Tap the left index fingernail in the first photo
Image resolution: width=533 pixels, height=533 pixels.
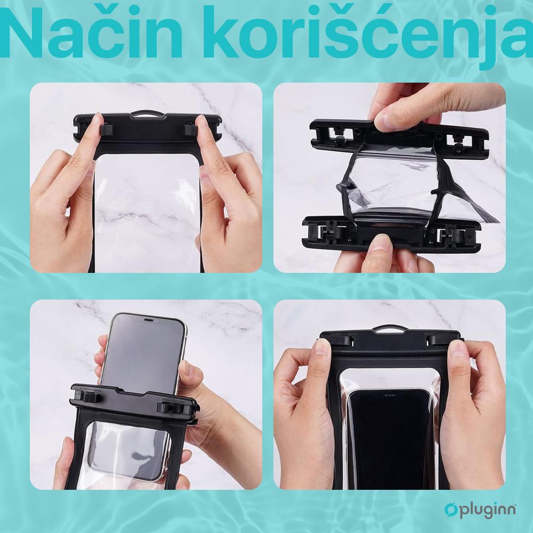(95, 122)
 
